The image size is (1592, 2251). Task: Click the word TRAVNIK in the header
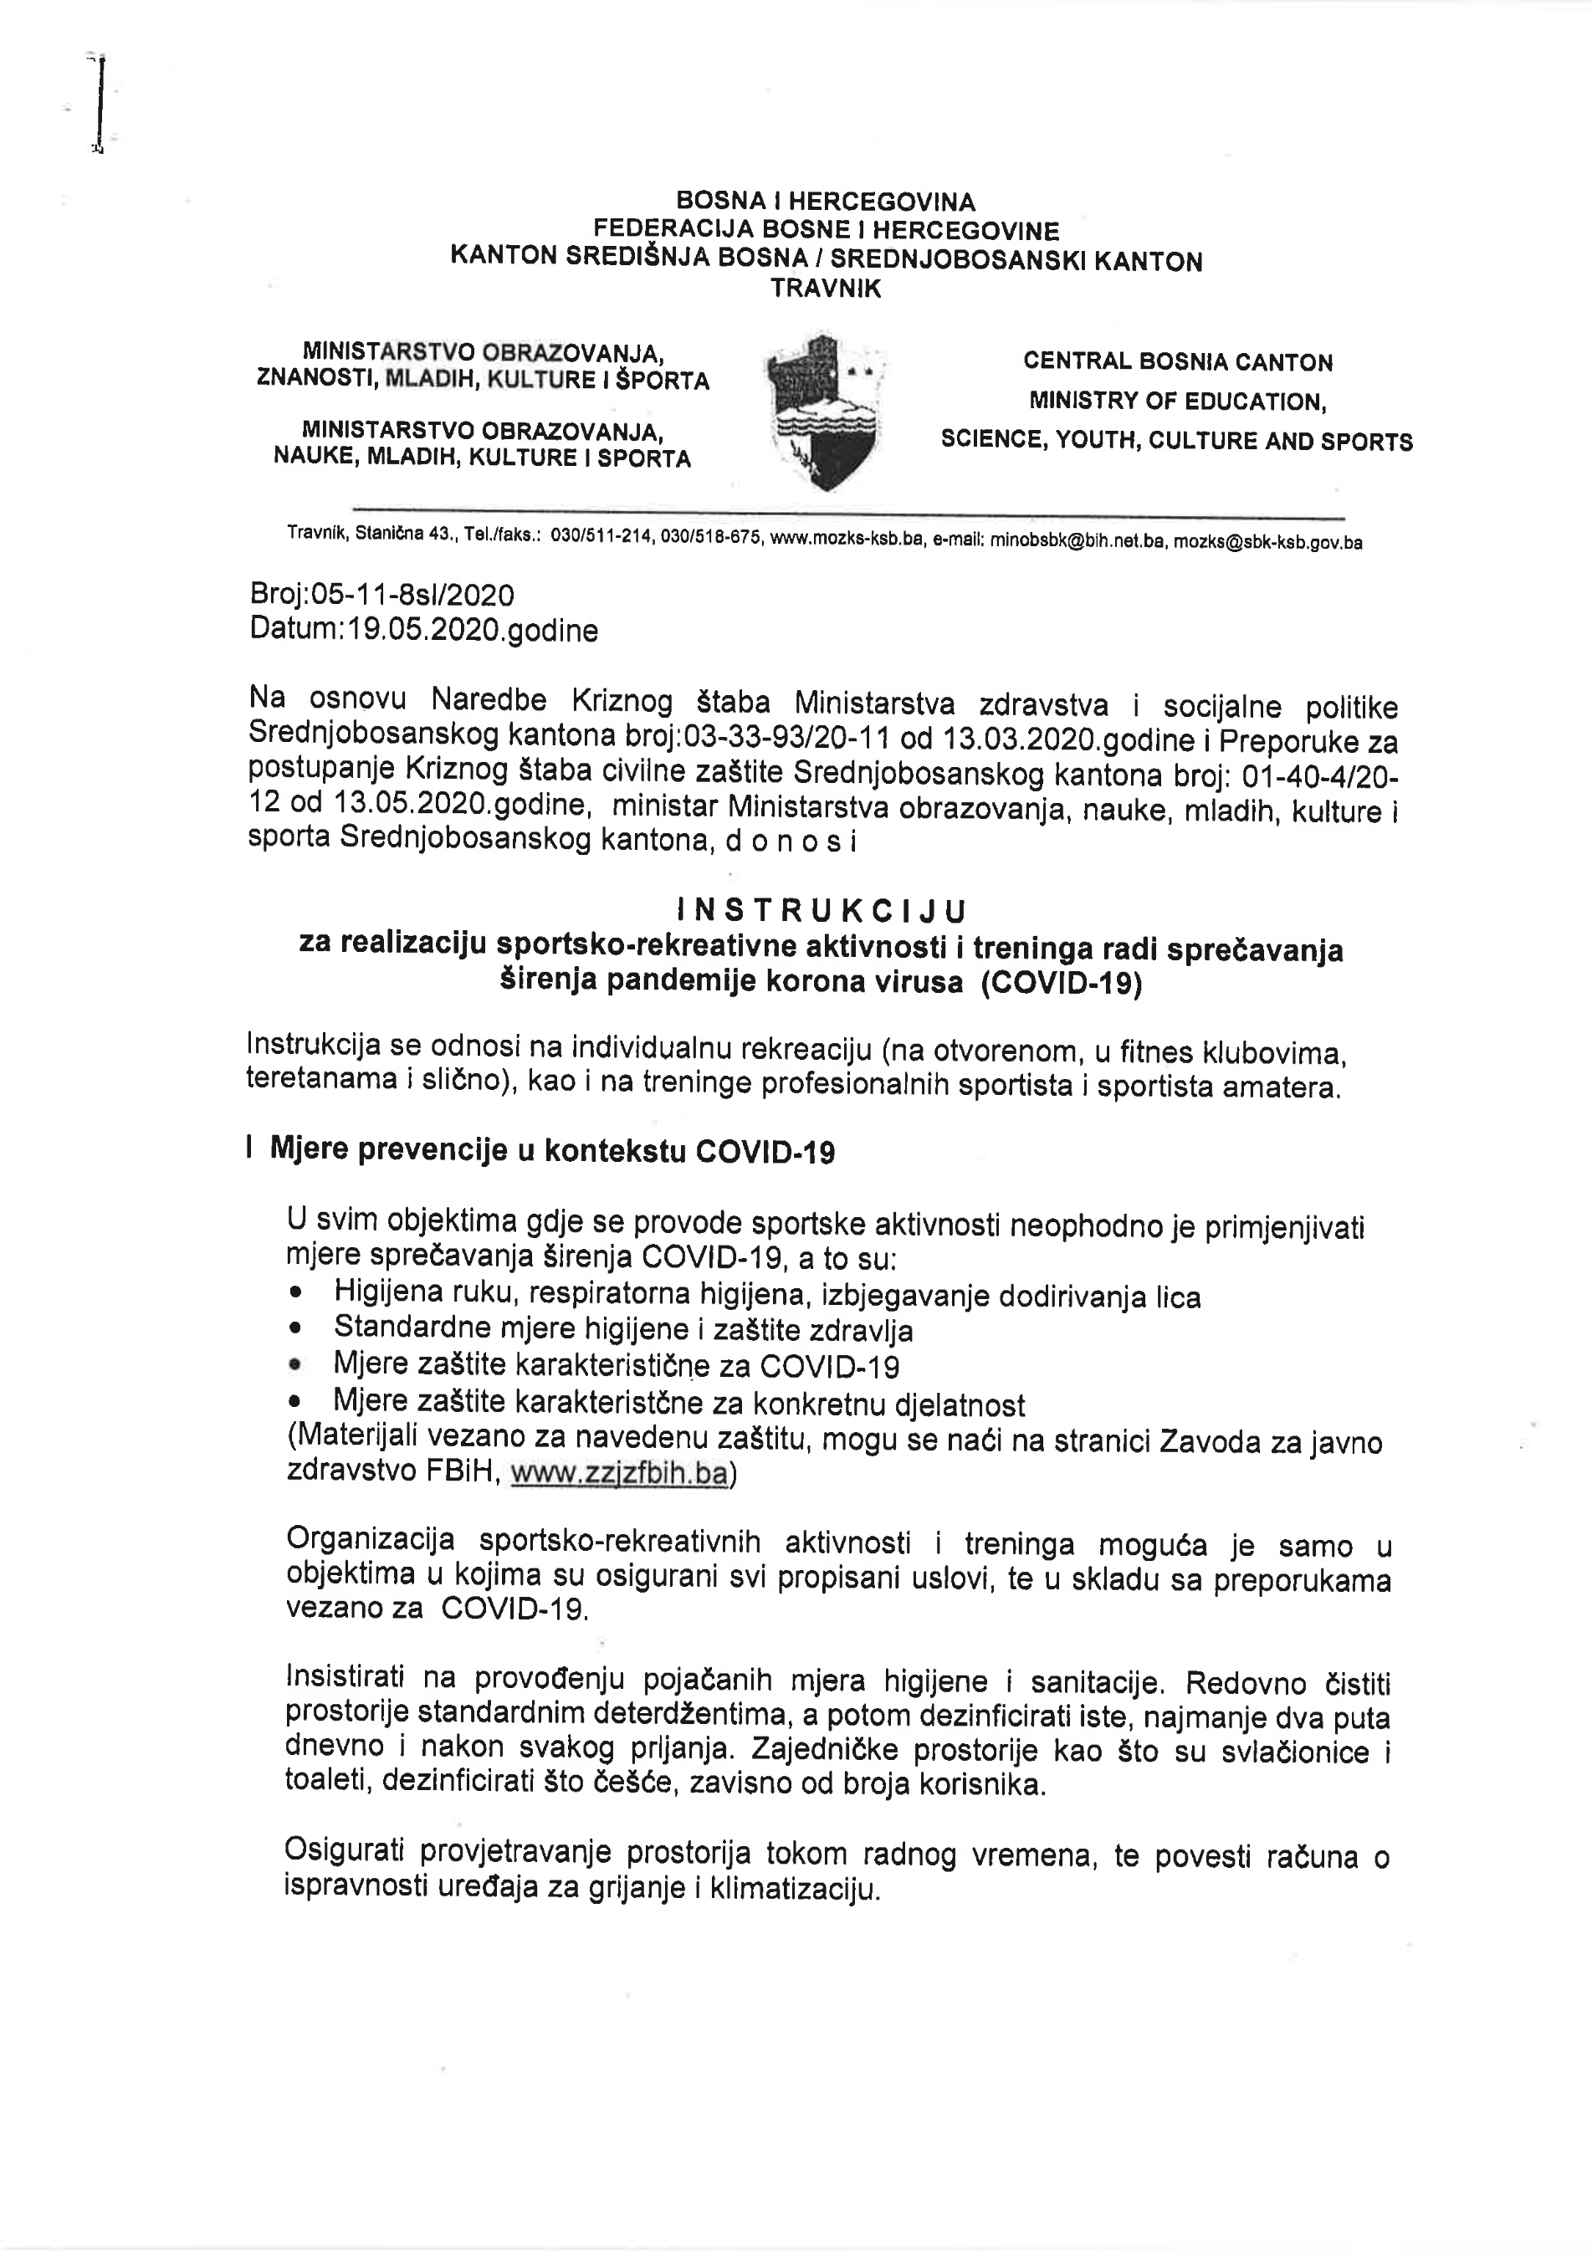(826, 289)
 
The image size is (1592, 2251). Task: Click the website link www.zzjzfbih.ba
(620, 1475)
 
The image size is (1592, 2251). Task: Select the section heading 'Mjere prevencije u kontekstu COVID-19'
(552, 1150)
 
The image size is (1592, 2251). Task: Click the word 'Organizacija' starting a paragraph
(370, 1540)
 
